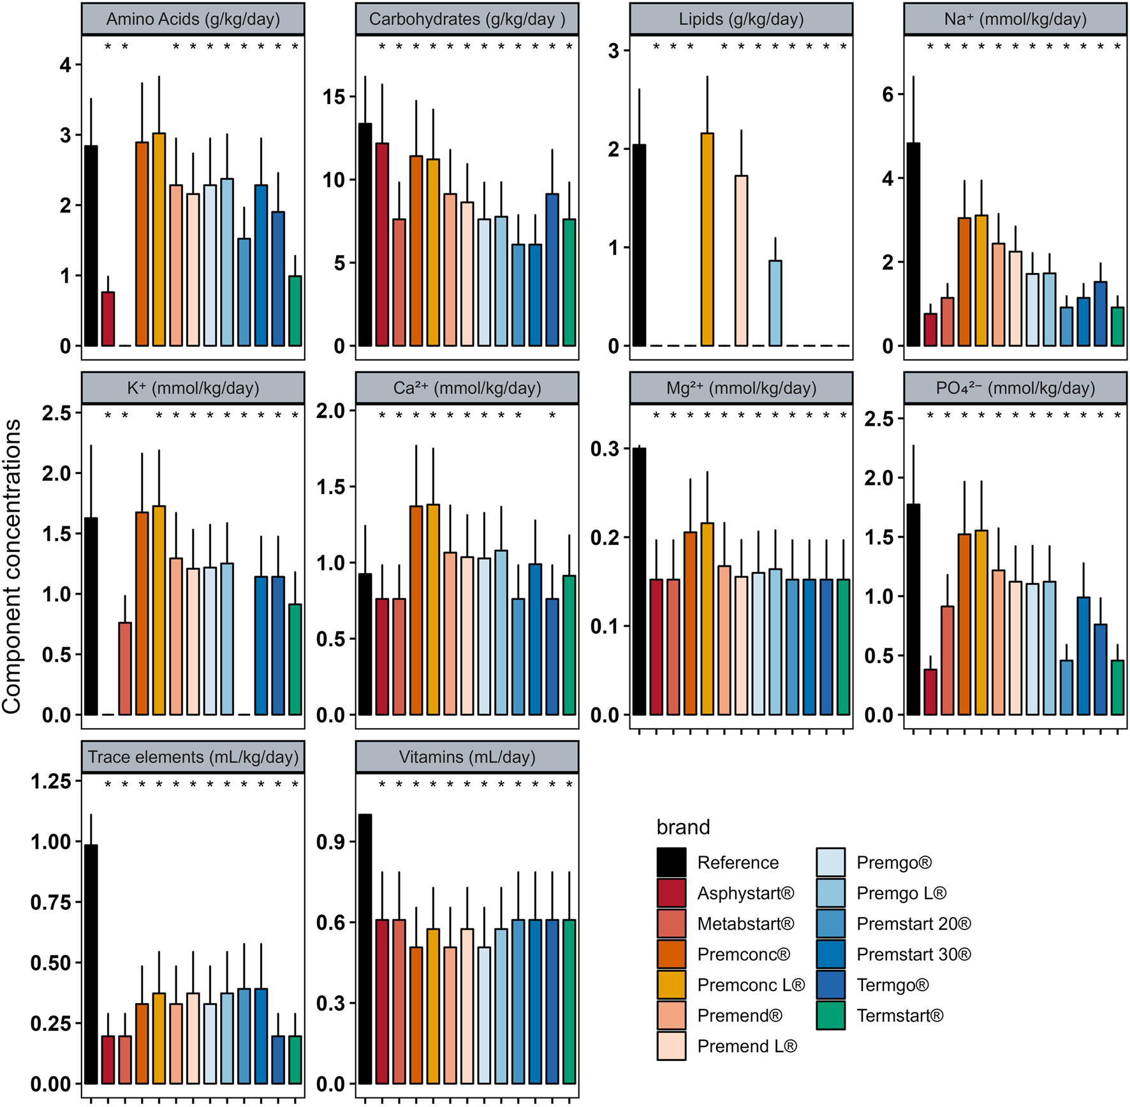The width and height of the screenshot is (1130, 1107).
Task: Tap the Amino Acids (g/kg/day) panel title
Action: [193, 19]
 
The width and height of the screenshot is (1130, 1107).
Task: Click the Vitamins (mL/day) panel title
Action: [467, 757]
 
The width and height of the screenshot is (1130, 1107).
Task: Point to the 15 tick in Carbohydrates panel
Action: [334, 97]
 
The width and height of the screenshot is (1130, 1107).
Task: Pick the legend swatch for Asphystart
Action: [671, 893]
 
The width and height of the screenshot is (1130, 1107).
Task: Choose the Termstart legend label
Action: [900, 1016]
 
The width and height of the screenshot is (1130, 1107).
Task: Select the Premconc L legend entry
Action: [751, 985]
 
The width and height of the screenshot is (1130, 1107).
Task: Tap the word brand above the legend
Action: [683, 828]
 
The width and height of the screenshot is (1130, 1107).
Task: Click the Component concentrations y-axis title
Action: [12, 566]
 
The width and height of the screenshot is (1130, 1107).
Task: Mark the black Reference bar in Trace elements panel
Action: [91, 965]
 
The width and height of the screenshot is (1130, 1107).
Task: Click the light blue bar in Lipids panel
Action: [775, 304]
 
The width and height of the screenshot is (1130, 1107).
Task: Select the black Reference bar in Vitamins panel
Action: [365, 949]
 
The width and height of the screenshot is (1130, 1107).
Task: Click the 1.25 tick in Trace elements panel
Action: [52, 782]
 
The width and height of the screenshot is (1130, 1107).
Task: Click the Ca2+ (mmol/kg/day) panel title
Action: [467, 388]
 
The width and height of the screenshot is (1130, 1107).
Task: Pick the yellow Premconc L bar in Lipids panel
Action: [707, 240]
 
